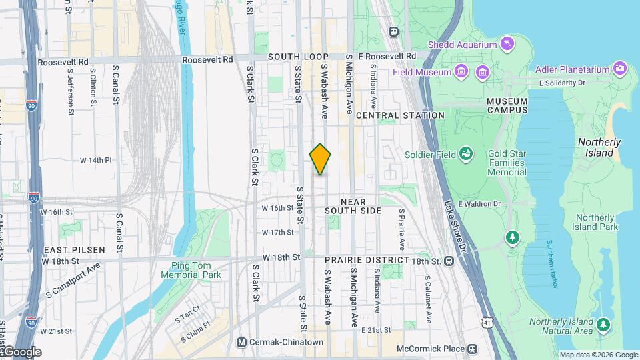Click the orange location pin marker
pos(321,159)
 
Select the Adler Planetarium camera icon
pos(621,68)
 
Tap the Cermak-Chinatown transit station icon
pos(243,343)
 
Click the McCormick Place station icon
pos(472,349)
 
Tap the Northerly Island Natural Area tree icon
pos(603,325)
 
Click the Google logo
pos(21,352)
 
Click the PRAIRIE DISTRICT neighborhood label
pos(367,259)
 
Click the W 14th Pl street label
pos(95,160)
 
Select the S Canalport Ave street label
pos(73,279)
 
